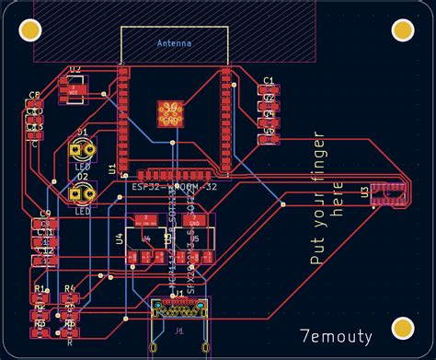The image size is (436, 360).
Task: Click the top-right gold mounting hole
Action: tap(404, 30)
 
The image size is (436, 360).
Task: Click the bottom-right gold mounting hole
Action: tap(403, 327)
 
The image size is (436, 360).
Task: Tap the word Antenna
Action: tap(175, 43)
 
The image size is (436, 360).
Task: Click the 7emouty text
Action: tap(336, 338)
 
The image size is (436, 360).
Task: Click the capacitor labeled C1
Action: tap(268, 90)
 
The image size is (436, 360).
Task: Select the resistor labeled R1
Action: tap(40, 299)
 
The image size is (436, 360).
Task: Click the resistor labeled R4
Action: tap(70, 299)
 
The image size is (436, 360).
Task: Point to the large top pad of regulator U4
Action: tap(145, 221)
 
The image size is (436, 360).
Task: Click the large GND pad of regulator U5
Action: tap(195, 221)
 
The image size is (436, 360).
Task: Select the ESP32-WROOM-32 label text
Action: tap(175, 187)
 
